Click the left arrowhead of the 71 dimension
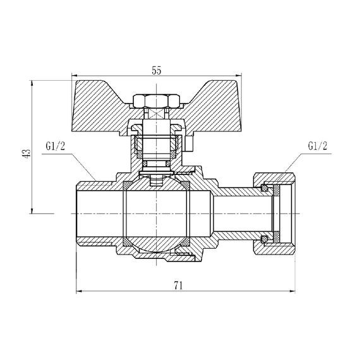point(80,292)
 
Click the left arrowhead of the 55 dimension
point(77,79)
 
